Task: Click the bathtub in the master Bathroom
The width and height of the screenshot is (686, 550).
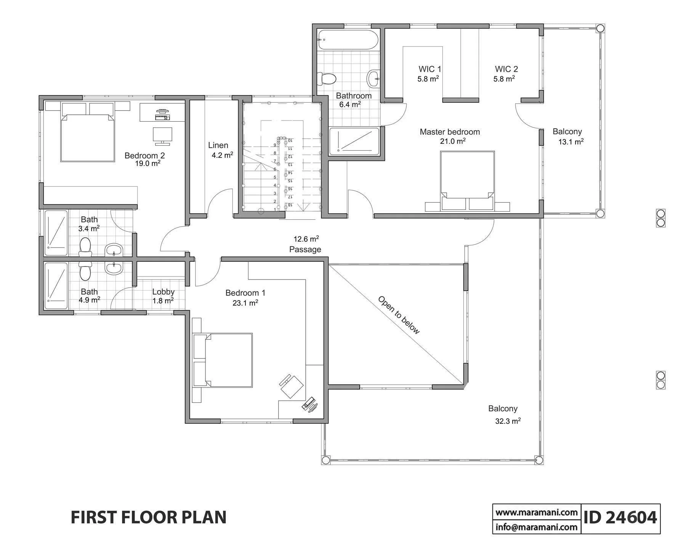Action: coord(348,40)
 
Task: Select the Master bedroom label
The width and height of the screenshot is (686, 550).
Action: coord(450,132)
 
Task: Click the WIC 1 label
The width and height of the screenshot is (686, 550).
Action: coord(430,69)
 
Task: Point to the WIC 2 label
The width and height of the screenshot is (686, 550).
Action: coord(506,69)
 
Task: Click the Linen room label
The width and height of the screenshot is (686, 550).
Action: coord(218,145)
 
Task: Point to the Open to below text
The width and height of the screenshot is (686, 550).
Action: coord(399,315)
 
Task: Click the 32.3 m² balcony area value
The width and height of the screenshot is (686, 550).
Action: coord(508,421)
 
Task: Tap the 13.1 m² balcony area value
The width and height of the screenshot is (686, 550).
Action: coord(571,142)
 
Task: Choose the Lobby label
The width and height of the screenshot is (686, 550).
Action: coord(163,292)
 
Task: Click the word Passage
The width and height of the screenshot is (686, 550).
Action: coord(305,249)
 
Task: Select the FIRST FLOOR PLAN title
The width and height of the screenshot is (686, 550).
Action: coord(149,518)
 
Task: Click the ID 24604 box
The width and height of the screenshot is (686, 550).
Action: coord(620,518)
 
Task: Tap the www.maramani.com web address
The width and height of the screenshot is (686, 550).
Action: coord(537,512)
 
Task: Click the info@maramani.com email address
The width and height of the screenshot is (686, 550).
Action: coord(537,527)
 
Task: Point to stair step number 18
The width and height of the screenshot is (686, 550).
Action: coord(290,205)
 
